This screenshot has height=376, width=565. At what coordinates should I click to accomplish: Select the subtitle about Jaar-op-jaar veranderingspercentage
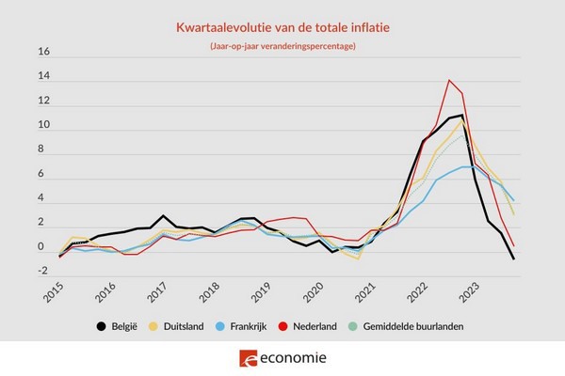282,48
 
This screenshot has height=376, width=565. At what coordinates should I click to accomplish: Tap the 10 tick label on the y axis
42,126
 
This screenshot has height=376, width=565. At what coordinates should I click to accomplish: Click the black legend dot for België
101,326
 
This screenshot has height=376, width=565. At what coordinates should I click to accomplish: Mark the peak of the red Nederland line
449,80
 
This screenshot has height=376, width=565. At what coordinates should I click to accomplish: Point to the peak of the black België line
461,116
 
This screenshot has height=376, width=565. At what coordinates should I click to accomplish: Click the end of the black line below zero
513,258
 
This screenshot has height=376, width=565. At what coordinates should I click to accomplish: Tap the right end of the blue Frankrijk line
513,200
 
